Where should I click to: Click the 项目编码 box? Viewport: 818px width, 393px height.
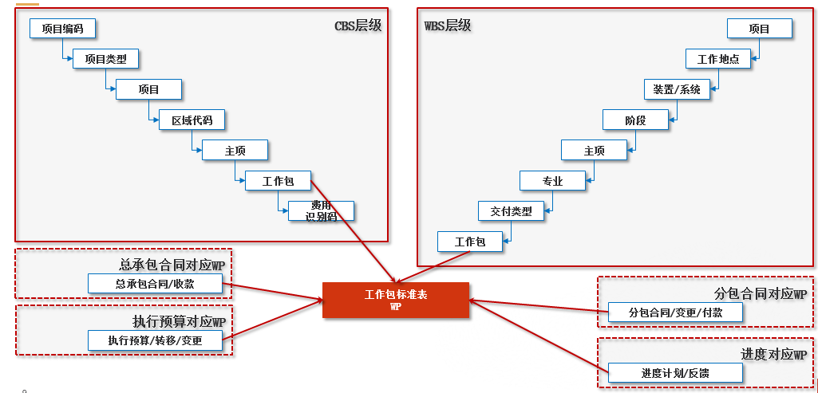[x=62, y=28]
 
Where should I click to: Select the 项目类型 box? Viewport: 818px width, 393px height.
[x=106, y=58]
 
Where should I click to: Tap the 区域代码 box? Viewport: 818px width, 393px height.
[x=192, y=120]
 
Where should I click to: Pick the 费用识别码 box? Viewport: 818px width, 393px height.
[x=321, y=211]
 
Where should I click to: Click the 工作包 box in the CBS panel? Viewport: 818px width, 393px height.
[x=278, y=181]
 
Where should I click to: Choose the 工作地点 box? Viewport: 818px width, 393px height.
[x=718, y=59]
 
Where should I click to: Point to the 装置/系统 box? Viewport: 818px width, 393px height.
[x=678, y=89]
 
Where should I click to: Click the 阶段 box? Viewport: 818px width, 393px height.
[x=635, y=120]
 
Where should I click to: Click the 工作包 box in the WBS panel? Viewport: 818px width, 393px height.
[x=470, y=242]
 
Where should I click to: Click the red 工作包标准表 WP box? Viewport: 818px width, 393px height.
[x=396, y=300]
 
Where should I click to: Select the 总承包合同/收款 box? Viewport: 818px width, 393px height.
[x=155, y=284]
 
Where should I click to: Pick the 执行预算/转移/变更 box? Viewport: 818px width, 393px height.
[x=155, y=340]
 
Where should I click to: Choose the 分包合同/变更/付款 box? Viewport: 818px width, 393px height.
[x=675, y=312]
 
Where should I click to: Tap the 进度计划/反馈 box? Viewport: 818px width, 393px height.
[x=675, y=373]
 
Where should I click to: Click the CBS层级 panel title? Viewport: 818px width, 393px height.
[x=358, y=25]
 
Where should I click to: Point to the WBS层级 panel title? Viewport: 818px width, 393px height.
[x=447, y=25]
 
